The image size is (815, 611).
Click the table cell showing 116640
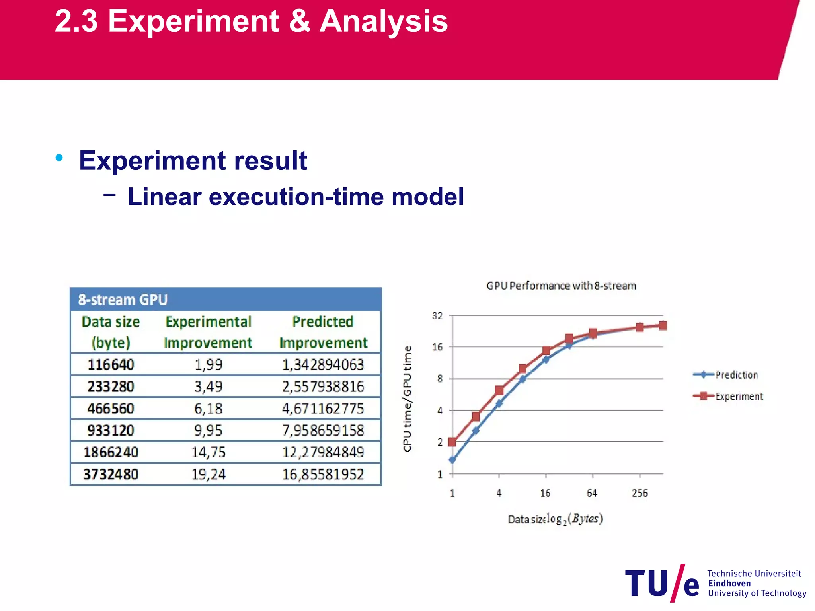click(111, 364)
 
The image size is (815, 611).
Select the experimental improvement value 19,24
click(209, 474)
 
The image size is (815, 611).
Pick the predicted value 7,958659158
click(323, 430)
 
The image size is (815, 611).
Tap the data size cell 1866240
click(111, 452)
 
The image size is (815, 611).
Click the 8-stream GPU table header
click(123, 300)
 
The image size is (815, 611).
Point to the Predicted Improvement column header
click(323, 332)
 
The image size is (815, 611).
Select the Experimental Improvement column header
click(208, 332)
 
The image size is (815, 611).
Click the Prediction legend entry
click(736, 375)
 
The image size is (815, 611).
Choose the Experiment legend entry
click(739, 396)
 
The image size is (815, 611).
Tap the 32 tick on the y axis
click(437, 316)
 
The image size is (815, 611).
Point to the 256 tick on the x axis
click(640, 493)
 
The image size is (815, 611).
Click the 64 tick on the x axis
click(592, 493)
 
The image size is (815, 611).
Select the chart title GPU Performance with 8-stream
click(561, 286)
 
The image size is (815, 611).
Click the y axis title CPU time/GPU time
click(407, 399)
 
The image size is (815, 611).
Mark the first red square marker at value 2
click(452, 442)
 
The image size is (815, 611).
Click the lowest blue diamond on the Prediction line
click(452, 460)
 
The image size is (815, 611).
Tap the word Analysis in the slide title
click(384, 21)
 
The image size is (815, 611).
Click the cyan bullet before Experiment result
click(59, 158)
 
